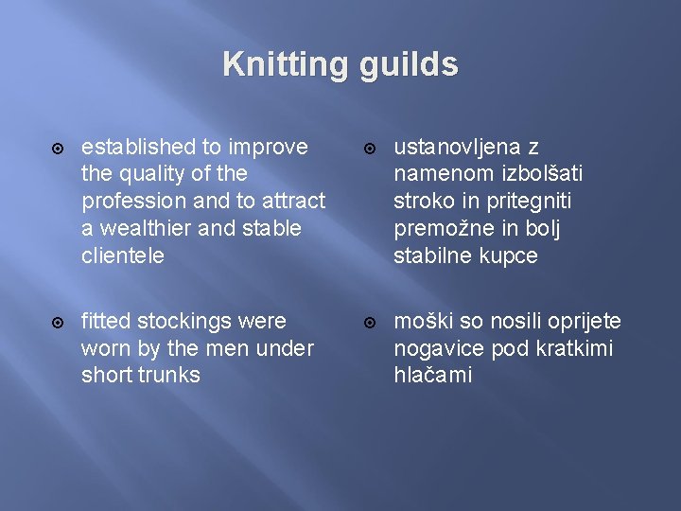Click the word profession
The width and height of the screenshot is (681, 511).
coord(133,202)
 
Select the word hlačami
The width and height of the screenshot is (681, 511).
coord(432,375)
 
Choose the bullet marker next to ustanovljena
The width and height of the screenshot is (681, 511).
coord(370,148)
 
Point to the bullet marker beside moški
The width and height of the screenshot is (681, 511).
coord(370,322)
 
